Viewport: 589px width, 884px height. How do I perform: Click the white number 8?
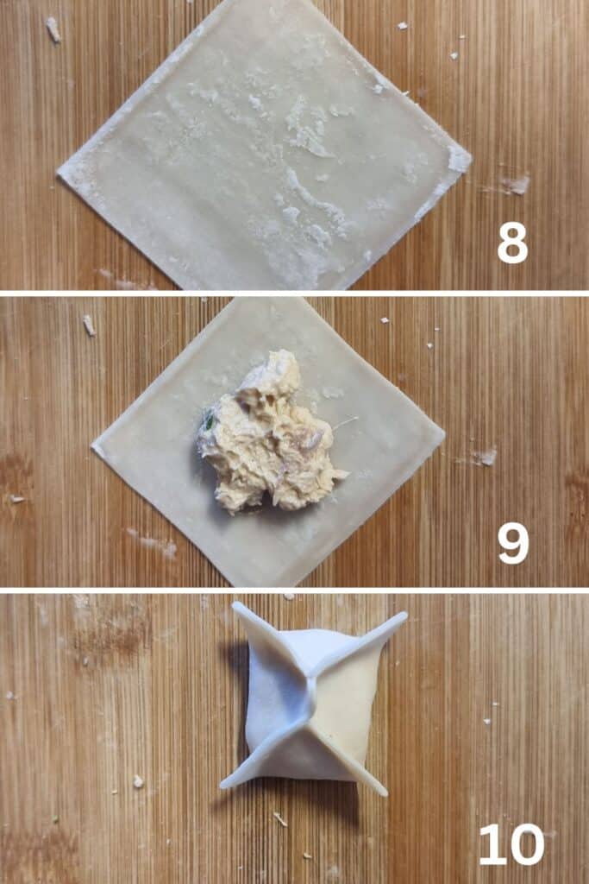point(512,243)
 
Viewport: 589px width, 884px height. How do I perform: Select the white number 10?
point(511,844)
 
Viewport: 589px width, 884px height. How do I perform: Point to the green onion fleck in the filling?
point(210,419)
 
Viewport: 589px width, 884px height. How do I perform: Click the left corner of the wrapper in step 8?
point(60,174)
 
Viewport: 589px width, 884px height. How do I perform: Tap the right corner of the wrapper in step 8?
point(469,158)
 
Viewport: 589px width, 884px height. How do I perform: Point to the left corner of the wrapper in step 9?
point(93,447)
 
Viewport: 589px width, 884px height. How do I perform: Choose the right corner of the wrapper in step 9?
point(443,435)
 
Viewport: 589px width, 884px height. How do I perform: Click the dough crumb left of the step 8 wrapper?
point(53,29)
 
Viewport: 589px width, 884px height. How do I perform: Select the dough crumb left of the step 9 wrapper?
point(89,325)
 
